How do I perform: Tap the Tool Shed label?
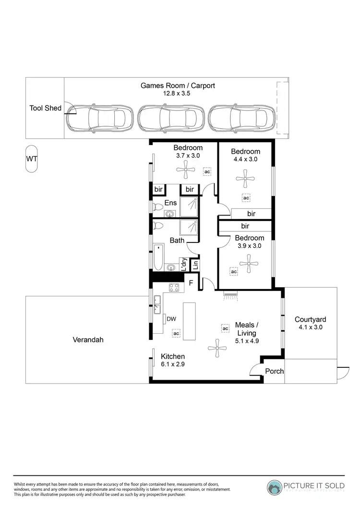(x=46, y=108)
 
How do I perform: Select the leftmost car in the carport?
(x=100, y=117)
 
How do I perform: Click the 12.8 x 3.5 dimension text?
(x=177, y=94)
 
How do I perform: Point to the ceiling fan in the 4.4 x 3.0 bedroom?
(x=245, y=180)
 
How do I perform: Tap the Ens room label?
(x=170, y=203)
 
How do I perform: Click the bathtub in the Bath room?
(x=158, y=257)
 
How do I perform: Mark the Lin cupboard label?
(x=195, y=265)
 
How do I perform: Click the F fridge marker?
(x=191, y=283)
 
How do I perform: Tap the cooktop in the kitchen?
(x=174, y=288)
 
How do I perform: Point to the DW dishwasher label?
(x=170, y=318)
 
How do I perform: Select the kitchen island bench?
(x=190, y=321)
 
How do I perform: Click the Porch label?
(x=275, y=371)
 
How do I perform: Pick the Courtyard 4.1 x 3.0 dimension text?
(x=310, y=327)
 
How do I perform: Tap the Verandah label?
(x=88, y=339)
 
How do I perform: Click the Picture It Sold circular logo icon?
(x=275, y=486)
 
